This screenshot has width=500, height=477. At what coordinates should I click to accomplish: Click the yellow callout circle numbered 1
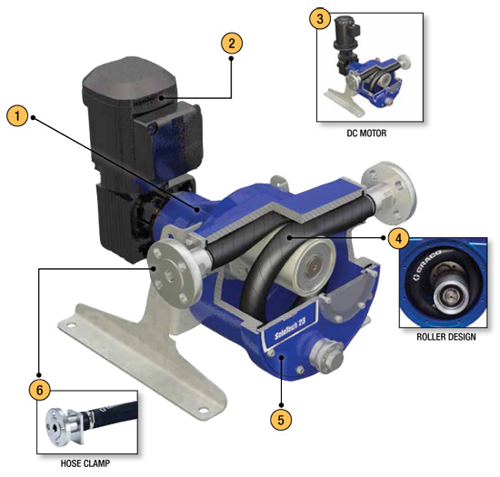[17, 115]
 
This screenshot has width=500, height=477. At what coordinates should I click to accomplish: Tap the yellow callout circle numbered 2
[232, 44]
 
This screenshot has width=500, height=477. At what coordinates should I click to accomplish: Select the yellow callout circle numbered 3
[320, 19]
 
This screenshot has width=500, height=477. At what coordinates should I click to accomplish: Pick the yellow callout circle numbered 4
[399, 238]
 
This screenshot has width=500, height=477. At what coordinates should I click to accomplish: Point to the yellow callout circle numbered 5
[281, 420]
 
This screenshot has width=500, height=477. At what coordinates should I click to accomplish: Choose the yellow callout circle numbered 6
[39, 390]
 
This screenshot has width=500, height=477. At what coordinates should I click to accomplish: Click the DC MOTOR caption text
[366, 133]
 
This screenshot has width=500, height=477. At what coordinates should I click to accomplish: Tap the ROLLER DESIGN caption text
[446, 337]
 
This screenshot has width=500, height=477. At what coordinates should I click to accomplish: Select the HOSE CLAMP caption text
[85, 463]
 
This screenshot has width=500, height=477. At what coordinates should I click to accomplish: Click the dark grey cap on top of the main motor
[129, 81]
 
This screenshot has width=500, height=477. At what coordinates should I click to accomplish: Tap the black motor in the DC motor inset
[346, 43]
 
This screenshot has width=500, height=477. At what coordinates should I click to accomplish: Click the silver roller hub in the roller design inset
[451, 294]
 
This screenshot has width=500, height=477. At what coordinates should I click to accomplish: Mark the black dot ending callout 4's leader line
[288, 237]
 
